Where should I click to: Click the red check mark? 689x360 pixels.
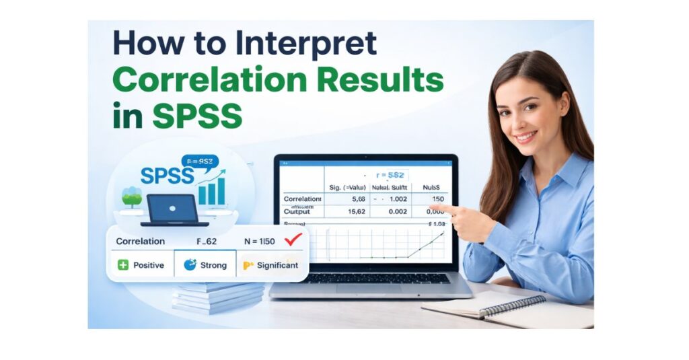tap(293, 240)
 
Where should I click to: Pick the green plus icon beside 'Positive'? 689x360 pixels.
tap(123, 265)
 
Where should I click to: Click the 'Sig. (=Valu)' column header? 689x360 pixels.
tap(351, 187)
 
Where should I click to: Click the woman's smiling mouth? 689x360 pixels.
tap(525, 137)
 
